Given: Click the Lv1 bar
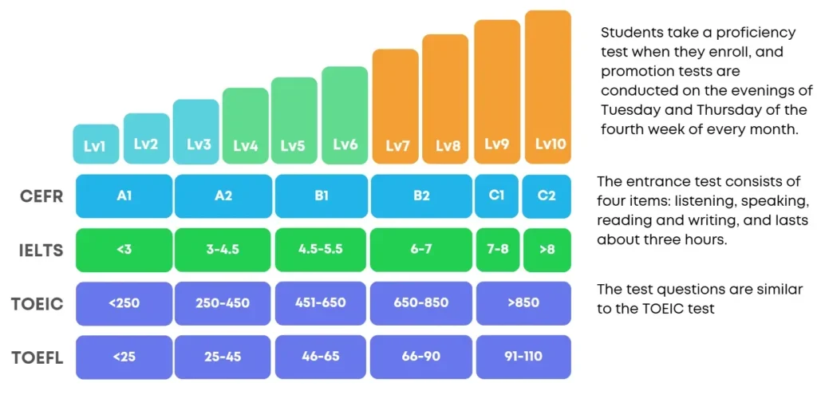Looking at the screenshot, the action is pyautogui.click(x=96, y=144).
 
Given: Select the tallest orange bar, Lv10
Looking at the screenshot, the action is pyautogui.click(x=547, y=86).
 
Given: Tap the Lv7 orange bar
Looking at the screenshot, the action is pyautogui.click(x=396, y=106).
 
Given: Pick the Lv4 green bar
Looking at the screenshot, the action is pyautogui.click(x=246, y=125).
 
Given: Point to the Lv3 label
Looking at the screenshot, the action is pyautogui.click(x=199, y=144).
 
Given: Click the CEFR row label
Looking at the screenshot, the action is pyautogui.click(x=42, y=197).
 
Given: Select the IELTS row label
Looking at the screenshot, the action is pyautogui.click(x=41, y=251).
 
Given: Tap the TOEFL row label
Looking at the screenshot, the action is pyautogui.click(x=37, y=358).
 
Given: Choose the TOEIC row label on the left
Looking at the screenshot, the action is pyautogui.click(x=37, y=304).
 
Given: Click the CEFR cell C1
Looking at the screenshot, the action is pyautogui.click(x=497, y=196).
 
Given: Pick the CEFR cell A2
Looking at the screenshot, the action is pyautogui.click(x=223, y=196).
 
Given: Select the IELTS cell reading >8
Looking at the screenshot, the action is pyautogui.click(x=547, y=250).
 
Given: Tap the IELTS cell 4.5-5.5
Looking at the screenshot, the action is pyautogui.click(x=321, y=250).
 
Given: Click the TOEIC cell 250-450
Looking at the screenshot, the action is pyautogui.click(x=223, y=303).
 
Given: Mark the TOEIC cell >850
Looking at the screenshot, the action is pyautogui.click(x=523, y=303).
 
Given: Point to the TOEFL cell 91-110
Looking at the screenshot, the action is pyautogui.click(x=523, y=357).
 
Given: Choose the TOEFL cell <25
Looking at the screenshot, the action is pyautogui.click(x=124, y=357).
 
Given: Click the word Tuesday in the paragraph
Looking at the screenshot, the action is pyautogui.click(x=626, y=111).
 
